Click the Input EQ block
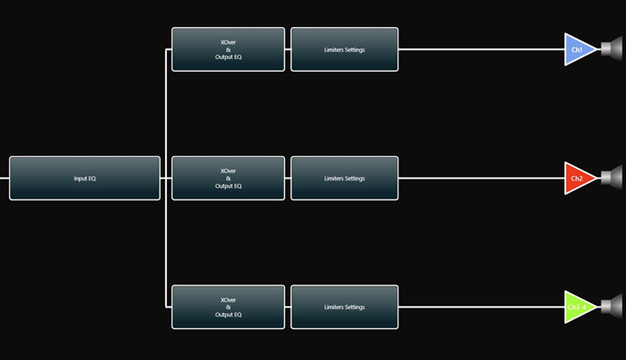pyautogui.click(x=84, y=178)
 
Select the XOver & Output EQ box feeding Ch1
pyautogui.click(x=229, y=50)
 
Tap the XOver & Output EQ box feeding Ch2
pyautogui.click(x=229, y=178)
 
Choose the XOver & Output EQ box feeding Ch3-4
pyautogui.click(x=229, y=306)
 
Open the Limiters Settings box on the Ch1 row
pyautogui.click(x=345, y=50)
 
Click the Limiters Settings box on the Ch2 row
pyautogui.click(x=345, y=178)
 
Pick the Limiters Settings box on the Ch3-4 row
pyautogui.click(x=345, y=306)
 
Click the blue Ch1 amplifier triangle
pyautogui.click(x=578, y=50)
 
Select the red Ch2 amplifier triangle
pyautogui.click(x=578, y=178)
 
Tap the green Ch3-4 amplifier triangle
pyautogui.click(x=578, y=306)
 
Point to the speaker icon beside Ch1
pyautogui.click(x=611, y=49)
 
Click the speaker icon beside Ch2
pyautogui.click(x=611, y=178)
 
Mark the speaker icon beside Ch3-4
pyautogui.click(x=611, y=306)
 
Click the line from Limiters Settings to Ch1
pyautogui.click(x=482, y=50)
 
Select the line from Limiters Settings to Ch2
pyautogui.click(x=482, y=178)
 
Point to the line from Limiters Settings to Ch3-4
pyautogui.click(x=482, y=306)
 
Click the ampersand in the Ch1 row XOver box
pyautogui.click(x=229, y=50)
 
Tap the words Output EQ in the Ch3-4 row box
pyautogui.click(x=229, y=315)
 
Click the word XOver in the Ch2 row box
pyautogui.click(x=229, y=170)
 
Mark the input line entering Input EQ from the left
pyautogui.click(x=5, y=179)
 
